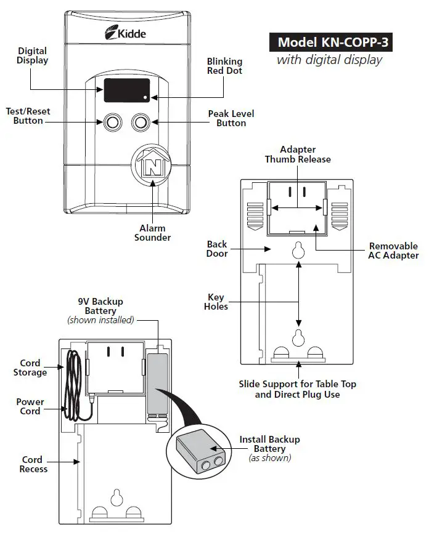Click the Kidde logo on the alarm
pyautogui.click(x=126, y=33)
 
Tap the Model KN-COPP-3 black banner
pyautogui.click(x=330, y=42)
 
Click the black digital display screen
pyautogui.click(x=126, y=90)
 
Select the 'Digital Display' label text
pyautogui.click(x=33, y=55)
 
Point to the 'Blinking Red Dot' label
pyautogui.click(x=224, y=66)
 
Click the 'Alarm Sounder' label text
pyautogui.click(x=152, y=233)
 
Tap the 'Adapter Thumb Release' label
pyautogui.click(x=298, y=154)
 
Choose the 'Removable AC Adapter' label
pyautogui.click(x=393, y=251)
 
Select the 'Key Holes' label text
pyautogui.click(x=216, y=302)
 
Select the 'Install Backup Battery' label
pyautogui.click(x=269, y=444)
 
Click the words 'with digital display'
pyautogui.click(x=329, y=60)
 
